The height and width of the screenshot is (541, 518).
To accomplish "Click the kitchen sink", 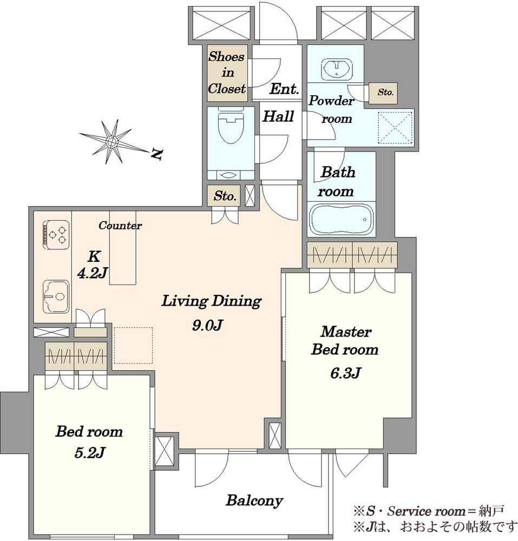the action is [56, 296].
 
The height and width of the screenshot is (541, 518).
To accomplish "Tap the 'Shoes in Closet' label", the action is [227, 72].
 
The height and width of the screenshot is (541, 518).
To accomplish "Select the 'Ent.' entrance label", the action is [284, 89].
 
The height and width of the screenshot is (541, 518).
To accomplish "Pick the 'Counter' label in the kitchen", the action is [120, 225].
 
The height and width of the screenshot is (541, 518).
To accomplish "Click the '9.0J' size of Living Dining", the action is [208, 325].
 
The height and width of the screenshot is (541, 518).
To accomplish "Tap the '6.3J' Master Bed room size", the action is [346, 373].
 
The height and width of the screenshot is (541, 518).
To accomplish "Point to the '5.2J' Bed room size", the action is [89, 452].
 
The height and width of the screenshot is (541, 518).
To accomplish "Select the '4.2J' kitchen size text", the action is [92, 273].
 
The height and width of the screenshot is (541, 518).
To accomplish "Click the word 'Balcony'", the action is [254, 500].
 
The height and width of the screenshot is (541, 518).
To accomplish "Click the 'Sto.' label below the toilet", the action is [225, 196].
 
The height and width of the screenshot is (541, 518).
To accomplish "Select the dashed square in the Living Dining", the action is [133, 345].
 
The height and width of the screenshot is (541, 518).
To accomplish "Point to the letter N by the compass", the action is [157, 155].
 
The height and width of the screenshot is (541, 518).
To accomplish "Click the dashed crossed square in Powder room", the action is [396, 128].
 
